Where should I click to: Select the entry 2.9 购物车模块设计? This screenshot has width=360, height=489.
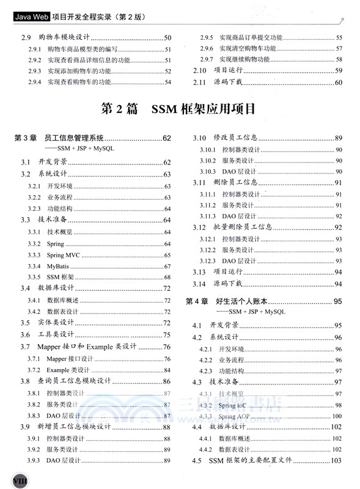coord(56,38)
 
